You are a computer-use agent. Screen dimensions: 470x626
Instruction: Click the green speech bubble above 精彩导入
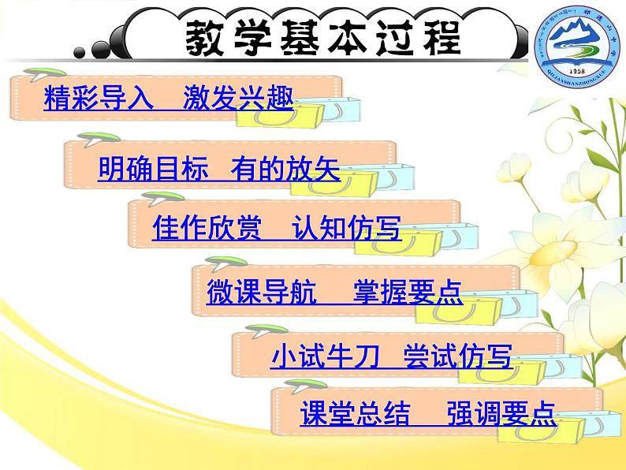coord(35,76)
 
